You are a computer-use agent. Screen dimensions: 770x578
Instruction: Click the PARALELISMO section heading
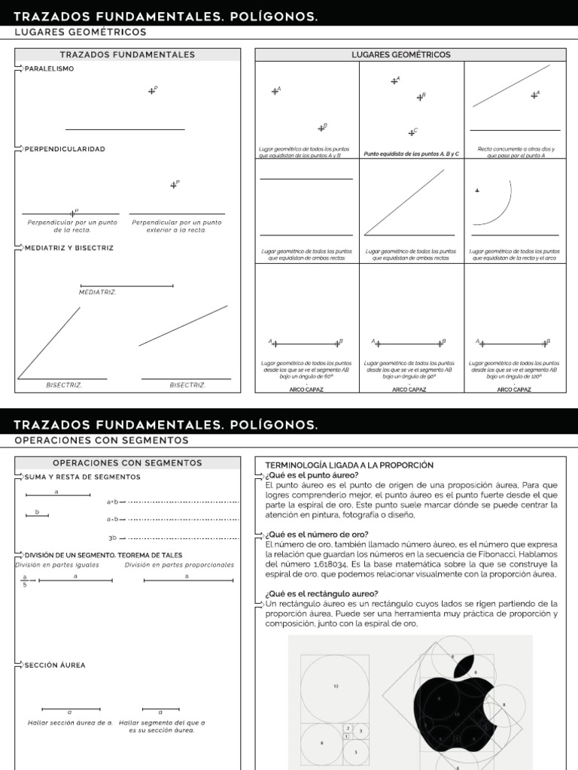[x=50, y=68]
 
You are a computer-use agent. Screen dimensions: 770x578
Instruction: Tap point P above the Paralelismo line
[x=152, y=90]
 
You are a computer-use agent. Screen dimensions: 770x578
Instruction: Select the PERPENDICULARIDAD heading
[x=65, y=149]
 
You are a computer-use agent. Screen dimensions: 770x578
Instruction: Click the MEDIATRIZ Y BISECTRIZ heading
[x=69, y=247]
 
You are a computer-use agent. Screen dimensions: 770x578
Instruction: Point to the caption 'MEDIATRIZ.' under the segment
[x=98, y=292]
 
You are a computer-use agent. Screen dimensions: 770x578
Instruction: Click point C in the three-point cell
[x=411, y=132]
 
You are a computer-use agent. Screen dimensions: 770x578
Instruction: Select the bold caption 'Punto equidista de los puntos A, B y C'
[x=412, y=153]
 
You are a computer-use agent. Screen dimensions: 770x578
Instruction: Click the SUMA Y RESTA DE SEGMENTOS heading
[x=82, y=477]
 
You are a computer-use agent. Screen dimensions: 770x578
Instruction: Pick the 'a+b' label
[x=113, y=501]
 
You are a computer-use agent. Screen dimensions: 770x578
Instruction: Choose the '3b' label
[x=113, y=538]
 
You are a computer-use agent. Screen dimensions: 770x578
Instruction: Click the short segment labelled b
[x=37, y=515]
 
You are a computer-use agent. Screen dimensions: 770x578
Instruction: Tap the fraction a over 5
[x=25, y=581]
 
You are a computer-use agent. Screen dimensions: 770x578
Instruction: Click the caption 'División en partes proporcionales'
[x=179, y=565]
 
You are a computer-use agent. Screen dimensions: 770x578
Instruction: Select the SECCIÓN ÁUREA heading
[x=55, y=665]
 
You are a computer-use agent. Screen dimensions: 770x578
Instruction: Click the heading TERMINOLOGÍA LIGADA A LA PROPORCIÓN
[x=349, y=465]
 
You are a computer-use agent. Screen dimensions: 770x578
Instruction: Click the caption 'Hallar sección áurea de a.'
[x=69, y=723]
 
